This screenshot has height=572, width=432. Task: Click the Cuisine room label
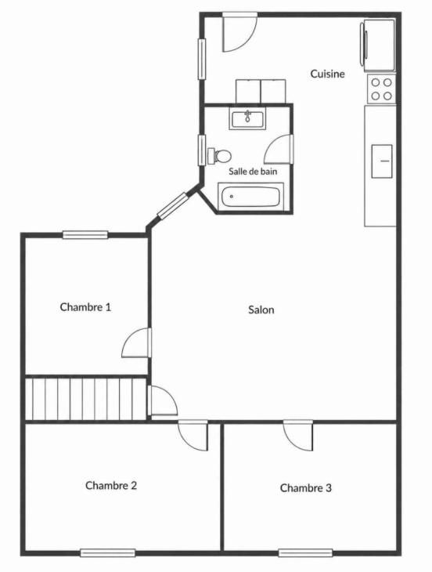[327, 74]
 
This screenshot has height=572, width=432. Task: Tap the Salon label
[261, 310]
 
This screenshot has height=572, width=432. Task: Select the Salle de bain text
[253, 171]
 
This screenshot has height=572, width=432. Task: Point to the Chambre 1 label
[85, 307]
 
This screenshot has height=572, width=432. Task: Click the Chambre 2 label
[111, 485]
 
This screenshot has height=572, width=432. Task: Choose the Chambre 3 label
[305, 487]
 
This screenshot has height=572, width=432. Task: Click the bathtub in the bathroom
[250, 197]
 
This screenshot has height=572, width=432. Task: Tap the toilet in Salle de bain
[219, 156]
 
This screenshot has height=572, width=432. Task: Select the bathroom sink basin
[247, 118]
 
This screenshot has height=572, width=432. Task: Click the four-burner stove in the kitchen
[381, 89]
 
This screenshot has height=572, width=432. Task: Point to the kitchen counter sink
[382, 161]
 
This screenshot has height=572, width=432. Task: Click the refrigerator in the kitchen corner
[378, 45]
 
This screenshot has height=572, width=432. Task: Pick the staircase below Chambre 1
[86, 399]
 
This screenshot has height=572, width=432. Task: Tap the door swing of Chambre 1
[136, 342]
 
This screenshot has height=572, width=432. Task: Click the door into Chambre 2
[193, 435]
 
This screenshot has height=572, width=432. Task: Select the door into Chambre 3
[298, 435]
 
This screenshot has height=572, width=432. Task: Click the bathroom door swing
[279, 149]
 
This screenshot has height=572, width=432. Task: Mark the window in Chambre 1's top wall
[85, 235]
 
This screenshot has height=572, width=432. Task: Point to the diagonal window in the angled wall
[172, 205]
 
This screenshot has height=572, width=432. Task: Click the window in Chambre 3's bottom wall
[305, 552]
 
